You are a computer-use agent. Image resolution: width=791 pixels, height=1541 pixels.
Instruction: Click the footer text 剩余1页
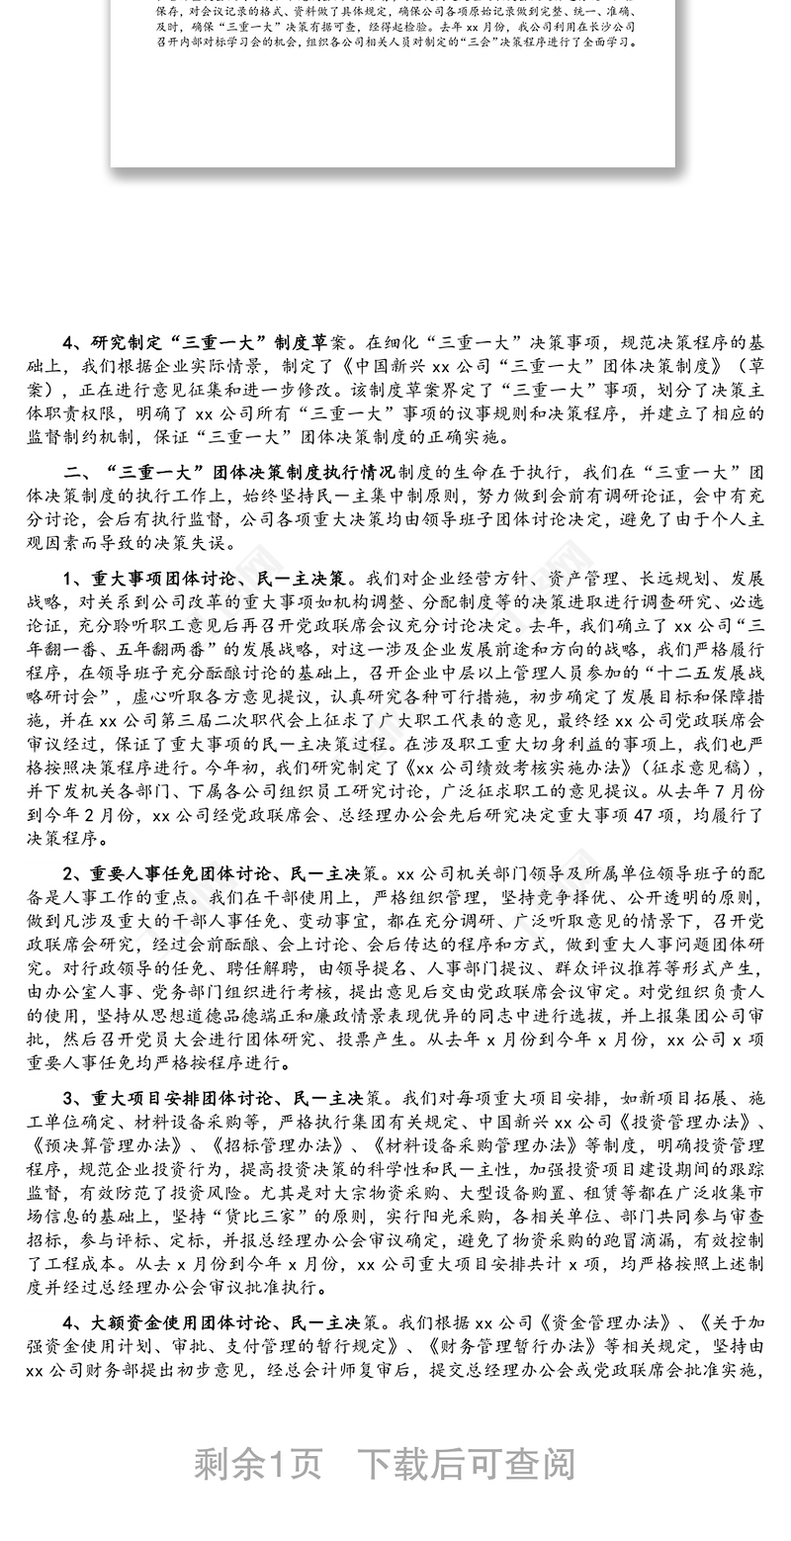258,1464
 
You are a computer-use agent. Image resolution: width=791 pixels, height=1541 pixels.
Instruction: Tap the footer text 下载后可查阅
465,1464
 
